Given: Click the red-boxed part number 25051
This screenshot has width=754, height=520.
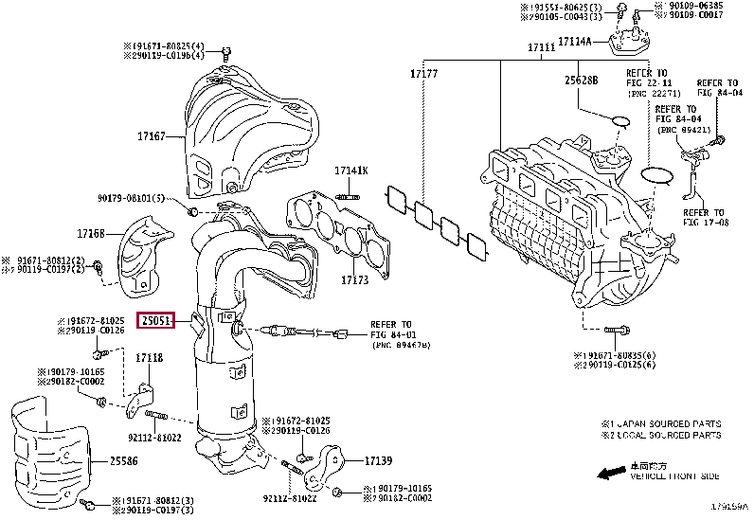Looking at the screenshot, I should point(156,321).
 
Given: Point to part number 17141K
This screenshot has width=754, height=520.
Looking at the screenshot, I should point(350,170).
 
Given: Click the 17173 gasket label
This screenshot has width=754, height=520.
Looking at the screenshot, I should point(354,280).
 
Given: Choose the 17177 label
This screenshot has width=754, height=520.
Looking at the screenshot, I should point(423,73).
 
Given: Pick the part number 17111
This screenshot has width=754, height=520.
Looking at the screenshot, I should point(542,46).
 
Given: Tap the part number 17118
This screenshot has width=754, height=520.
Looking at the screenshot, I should point(149,358).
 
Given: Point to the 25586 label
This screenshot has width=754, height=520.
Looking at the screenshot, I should point(124,461).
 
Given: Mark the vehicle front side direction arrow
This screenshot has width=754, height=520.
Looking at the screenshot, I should point(610,472).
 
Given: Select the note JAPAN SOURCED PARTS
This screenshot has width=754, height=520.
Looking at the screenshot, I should point(667,423).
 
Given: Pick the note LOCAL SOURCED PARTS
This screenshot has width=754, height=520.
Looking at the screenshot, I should point(667,435).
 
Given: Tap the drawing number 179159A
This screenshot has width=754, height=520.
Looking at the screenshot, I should point(729,507).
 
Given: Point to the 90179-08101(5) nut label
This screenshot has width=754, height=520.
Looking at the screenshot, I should point(131,198).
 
